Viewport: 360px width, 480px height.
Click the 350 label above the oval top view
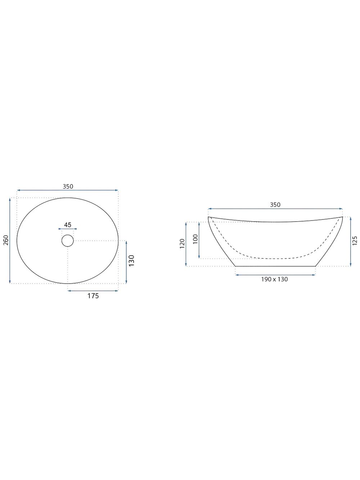coord(68,186)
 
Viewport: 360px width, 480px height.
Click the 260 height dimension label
coord(5,240)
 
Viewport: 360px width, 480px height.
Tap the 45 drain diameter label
coord(68,225)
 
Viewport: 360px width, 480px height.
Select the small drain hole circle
coord(68,240)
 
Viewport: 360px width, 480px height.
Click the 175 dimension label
coord(93,296)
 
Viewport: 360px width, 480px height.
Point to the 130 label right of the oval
coord(132,260)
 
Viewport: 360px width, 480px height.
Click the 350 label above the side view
coord(275,205)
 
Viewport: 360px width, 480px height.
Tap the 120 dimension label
coord(182,244)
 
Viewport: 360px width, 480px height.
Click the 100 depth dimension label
coord(195,240)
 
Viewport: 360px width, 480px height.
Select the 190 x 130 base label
coord(275,279)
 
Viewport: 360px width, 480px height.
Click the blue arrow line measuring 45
coord(68,229)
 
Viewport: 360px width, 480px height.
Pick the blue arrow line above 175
coord(93,291)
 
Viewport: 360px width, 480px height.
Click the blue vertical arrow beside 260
coord(10,240)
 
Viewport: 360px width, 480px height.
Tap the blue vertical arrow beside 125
coord(350,242)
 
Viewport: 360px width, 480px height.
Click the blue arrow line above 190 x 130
coord(275,275)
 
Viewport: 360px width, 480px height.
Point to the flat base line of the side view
coord(275,266)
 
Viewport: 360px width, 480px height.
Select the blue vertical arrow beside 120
coord(186,244)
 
